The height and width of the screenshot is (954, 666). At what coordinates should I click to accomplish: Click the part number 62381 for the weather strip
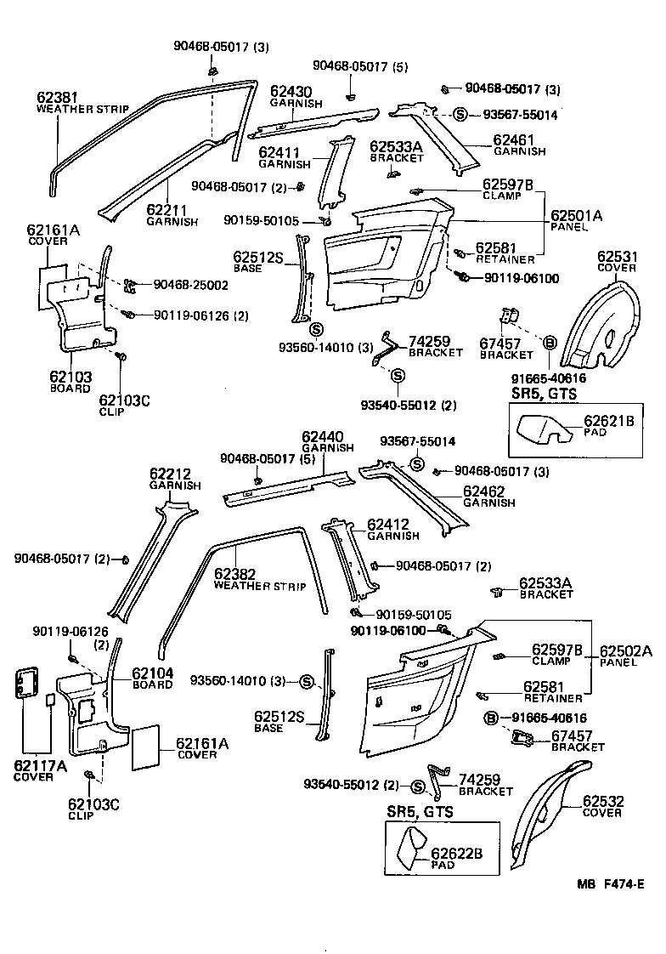(x=57, y=97)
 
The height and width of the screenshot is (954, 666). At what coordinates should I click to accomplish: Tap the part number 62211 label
(x=166, y=209)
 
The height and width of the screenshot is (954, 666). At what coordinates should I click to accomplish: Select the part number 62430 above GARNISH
(x=291, y=91)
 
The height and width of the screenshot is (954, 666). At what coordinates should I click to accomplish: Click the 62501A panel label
(x=577, y=216)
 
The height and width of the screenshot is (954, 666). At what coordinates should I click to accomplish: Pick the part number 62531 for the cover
(x=618, y=256)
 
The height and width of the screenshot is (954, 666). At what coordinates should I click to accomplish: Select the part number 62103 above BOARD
(x=71, y=377)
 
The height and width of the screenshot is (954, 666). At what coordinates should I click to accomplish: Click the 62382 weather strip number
(x=235, y=574)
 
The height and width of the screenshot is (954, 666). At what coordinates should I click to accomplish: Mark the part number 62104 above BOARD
(x=153, y=673)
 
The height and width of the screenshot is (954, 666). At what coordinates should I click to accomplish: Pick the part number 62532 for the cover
(x=605, y=801)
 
